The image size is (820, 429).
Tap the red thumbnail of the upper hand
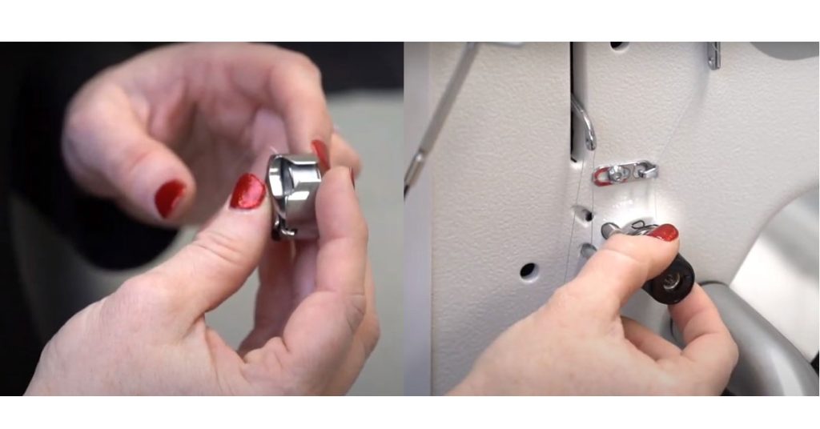pos(169,198)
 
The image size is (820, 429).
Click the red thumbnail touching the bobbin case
pos(247,192)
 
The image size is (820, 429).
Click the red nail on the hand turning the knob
pos(662,233)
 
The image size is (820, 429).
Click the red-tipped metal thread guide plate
pos(625,172)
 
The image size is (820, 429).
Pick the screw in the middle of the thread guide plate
pos(618,173)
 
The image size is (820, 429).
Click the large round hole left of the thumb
pos(528,271)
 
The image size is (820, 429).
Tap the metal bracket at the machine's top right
pos(713,55)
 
